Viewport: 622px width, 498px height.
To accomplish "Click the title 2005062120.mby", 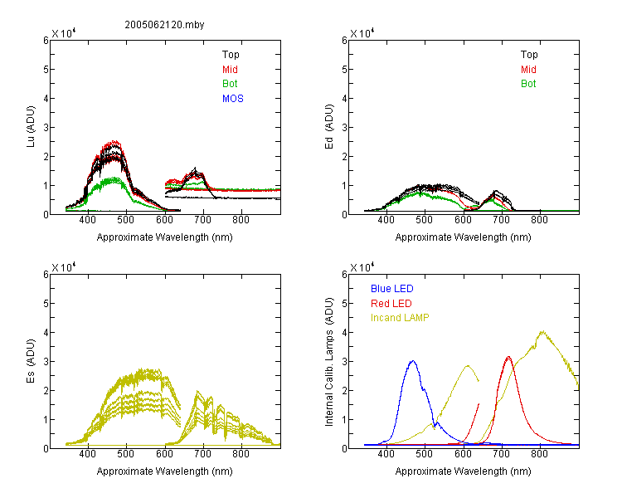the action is click(x=164, y=25).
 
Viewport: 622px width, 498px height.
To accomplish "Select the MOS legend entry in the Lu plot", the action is click(x=233, y=99).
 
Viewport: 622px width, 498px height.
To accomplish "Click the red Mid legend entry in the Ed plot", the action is click(x=528, y=70).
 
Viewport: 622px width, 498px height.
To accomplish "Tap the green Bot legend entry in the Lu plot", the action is click(x=230, y=84).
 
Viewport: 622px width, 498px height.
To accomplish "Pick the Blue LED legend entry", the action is click(x=392, y=289).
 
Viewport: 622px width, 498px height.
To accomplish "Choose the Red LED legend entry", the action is click(x=391, y=304).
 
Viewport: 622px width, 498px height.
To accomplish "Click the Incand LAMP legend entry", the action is click(x=400, y=318).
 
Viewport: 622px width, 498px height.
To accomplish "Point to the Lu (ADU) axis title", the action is click(x=31, y=126).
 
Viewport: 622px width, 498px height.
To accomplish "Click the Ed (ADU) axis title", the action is click(x=329, y=126).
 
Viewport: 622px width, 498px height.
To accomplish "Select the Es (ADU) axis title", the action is click(x=31, y=360).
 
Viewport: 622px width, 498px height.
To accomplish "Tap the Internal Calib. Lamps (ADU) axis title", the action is click(x=329, y=362).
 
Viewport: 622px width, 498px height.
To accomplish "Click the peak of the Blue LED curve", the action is click(x=412, y=361).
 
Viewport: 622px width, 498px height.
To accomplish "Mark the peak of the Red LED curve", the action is click(x=508, y=357).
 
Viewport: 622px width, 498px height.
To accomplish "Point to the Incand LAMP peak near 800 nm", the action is click(x=542, y=331).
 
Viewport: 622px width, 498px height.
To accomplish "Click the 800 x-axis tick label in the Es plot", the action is click(x=241, y=454).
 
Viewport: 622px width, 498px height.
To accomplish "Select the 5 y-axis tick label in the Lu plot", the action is click(x=46, y=70).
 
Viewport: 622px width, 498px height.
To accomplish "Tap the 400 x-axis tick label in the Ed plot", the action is click(x=386, y=220).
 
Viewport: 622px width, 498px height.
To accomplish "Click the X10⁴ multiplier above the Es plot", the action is click(x=64, y=267).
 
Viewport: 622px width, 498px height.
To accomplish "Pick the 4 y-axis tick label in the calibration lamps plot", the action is click(x=344, y=332).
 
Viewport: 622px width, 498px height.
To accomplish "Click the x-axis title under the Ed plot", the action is click(x=463, y=237).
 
